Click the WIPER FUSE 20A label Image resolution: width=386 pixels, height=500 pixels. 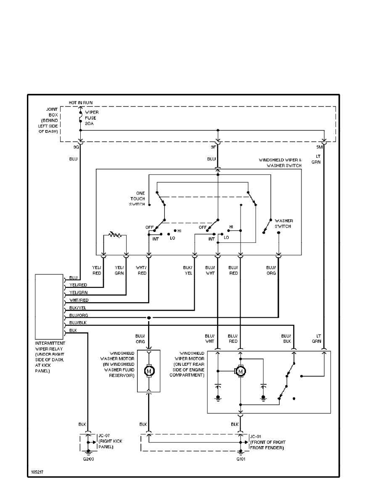click(92, 118)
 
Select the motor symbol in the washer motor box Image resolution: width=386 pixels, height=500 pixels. click(149, 371)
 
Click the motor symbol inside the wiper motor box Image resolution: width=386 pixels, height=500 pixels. click(241, 371)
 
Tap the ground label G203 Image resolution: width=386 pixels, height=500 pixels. click(88, 459)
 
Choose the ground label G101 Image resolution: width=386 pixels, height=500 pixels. click(241, 459)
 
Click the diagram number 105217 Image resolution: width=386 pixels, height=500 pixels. click(37, 472)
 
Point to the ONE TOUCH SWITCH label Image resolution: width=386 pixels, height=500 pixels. click(137, 198)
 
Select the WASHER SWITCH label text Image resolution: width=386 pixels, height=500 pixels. click(284, 223)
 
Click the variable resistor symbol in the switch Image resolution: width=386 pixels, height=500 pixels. click(114, 234)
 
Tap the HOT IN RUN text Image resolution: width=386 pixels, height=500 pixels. click(81, 103)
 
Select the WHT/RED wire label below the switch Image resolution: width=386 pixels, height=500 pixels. click(142, 270)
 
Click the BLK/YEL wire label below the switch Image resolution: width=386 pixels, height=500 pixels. click(188, 270)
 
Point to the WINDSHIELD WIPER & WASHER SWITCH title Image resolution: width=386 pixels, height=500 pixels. click(280, 163)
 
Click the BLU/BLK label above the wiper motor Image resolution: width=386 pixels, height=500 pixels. click(286, 338)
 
